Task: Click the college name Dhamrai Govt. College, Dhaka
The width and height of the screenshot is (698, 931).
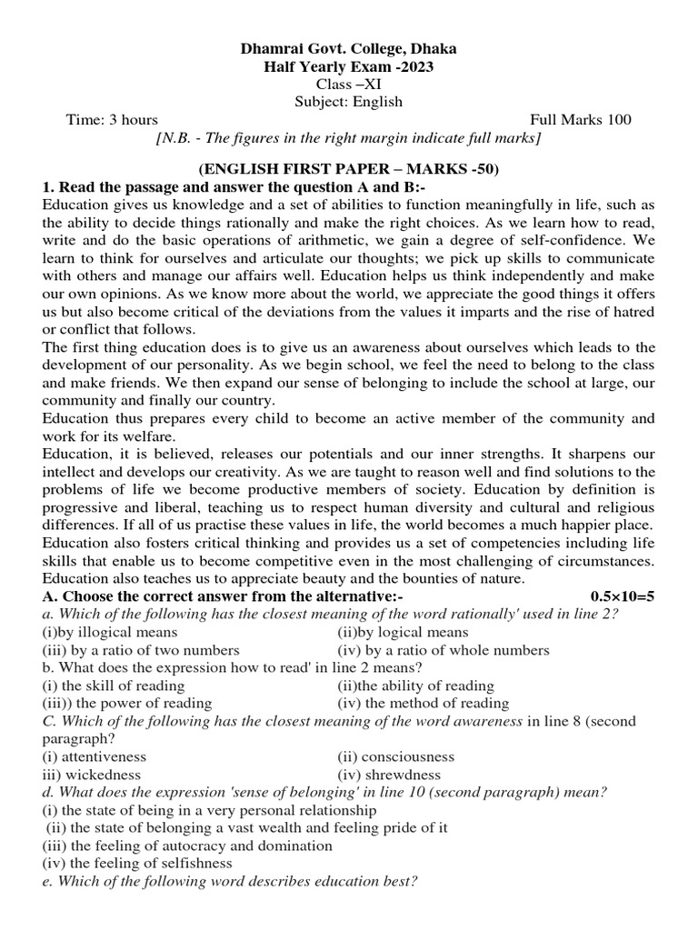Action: (x=348, y=48)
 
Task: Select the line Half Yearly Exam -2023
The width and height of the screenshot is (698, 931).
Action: (x=348, y=66)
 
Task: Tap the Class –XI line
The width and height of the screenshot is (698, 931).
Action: (x=348, y=84)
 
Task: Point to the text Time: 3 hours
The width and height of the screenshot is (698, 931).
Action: (x=112, y=120)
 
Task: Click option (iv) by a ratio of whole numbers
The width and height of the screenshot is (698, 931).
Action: (x=443, y=650)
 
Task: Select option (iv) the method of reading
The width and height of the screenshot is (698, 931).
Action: (x=423, y=703)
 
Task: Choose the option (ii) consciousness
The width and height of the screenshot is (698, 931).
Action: (x=395, y=756)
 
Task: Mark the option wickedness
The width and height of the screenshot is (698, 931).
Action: (x=92, y=775)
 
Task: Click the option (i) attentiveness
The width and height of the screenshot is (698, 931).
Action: (x=95, y=756)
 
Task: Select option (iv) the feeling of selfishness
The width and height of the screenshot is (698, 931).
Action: (x=137, y=863)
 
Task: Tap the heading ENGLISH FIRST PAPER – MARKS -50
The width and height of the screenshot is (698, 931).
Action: (x=348, y=169)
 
